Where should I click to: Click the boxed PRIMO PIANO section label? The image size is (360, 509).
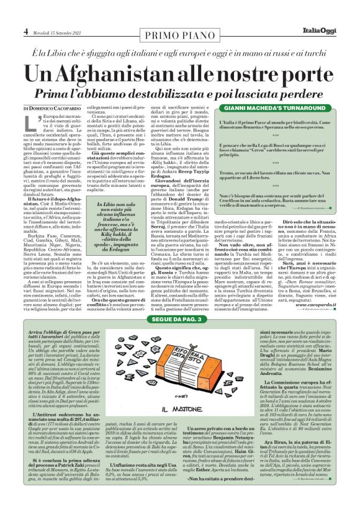point(180,30)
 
